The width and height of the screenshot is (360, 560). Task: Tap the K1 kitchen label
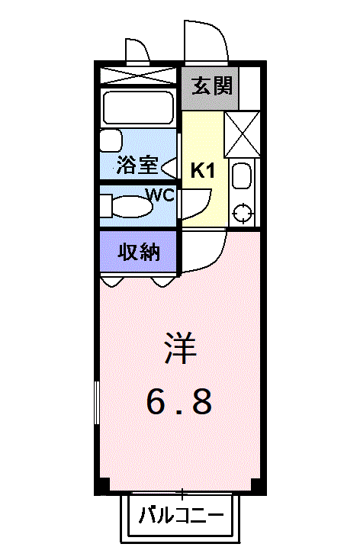[x=202, y=170]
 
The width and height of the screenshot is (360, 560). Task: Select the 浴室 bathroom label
[x=137, y=165]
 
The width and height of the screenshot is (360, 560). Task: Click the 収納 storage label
[x=139, y=252]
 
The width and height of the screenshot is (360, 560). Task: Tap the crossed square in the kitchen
[x=243, y=134]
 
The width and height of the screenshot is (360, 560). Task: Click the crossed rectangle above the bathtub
[x=138, y=76]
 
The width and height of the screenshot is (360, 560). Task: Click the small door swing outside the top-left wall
[x=138, y=50]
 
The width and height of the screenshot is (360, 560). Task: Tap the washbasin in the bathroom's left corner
[x=111, y=141]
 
